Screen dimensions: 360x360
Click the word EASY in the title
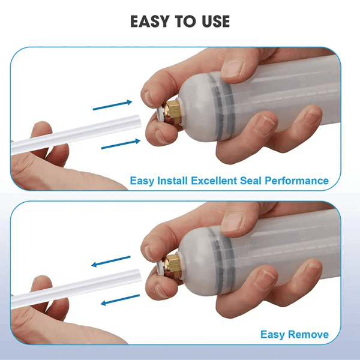coord(150,22)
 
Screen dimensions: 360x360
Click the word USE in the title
coord(215,22)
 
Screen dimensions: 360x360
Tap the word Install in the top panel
coord(172,181)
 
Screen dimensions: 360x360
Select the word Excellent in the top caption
coord(214,181)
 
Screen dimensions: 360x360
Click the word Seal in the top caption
coord(250,181)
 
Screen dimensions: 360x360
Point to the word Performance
coord(296,181)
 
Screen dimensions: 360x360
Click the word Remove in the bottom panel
coord(308,334)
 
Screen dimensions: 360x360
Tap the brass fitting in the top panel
coord(172,112)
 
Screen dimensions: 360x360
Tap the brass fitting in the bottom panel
coord(172,266)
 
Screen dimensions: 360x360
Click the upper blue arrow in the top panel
coord(113,105)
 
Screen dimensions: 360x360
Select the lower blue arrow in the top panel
coord(121,144)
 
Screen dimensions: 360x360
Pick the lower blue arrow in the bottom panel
coord(121,300)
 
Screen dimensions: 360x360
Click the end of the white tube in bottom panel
coord(139,274)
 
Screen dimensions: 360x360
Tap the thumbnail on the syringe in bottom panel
coord(232,222)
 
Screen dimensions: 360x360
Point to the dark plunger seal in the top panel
coord(223,106)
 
